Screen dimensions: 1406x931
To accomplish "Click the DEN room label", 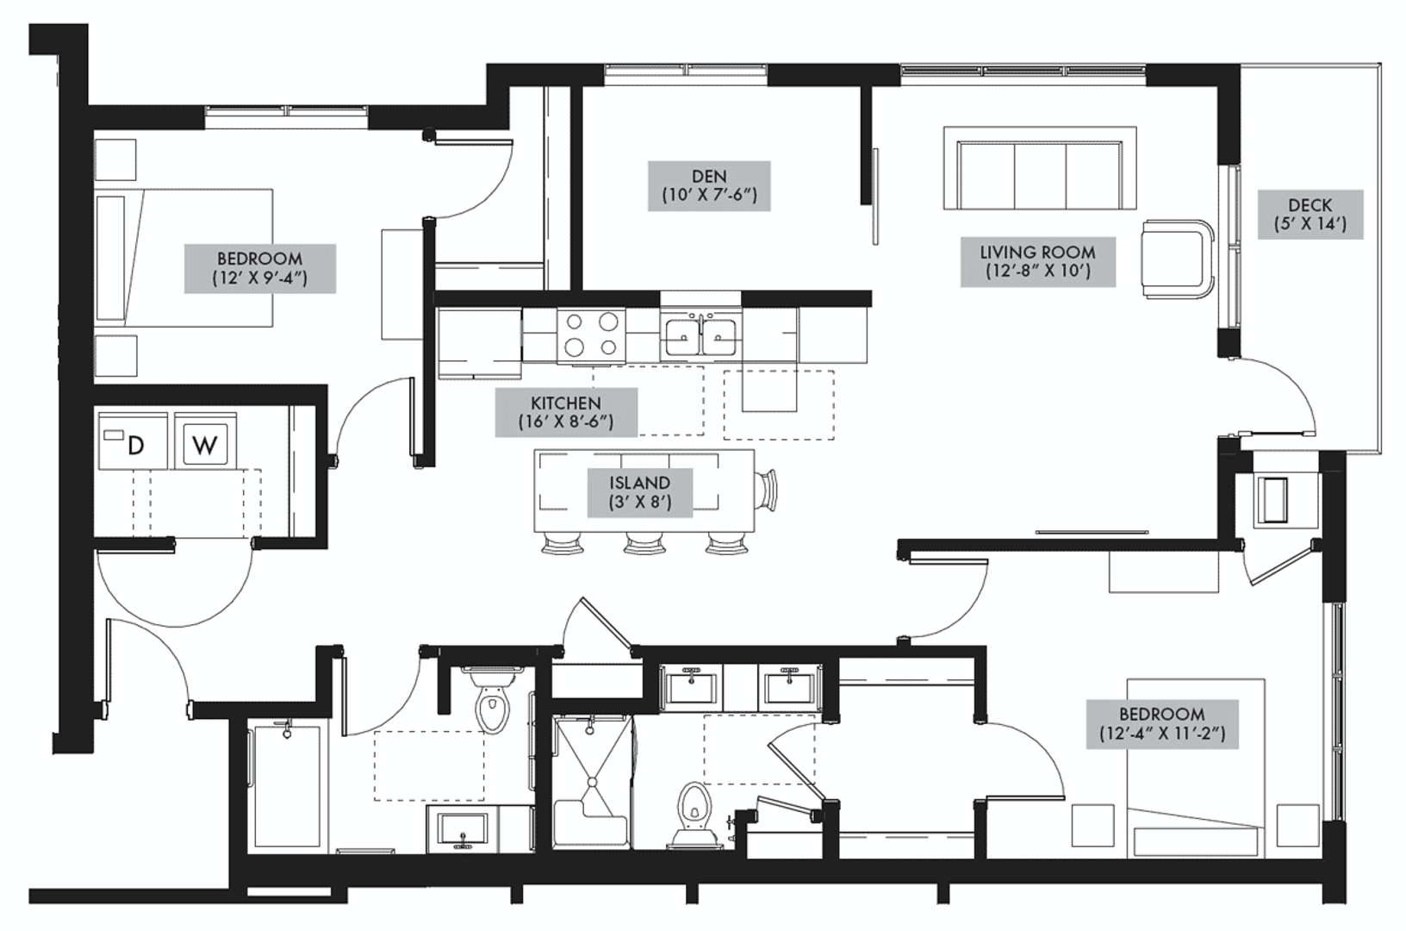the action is point(709,186).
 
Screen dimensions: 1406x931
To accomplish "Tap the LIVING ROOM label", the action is point(1037,262).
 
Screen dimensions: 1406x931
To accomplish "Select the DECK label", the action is point(1310,215).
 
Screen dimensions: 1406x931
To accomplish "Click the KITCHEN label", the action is point(566,412).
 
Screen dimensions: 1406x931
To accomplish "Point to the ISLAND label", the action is point(639,492).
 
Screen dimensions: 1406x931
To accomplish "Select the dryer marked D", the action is point(133,441).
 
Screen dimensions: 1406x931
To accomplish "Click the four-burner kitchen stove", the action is point(591,335).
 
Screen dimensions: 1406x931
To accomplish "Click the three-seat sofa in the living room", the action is point(1040,168).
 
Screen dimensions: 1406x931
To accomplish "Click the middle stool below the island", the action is point(644,543).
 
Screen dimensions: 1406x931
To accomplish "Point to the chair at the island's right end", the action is point(767,490).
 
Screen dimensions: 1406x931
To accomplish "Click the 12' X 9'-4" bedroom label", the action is point(260,268).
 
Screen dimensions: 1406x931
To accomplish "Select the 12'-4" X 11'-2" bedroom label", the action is point(1162,724).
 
